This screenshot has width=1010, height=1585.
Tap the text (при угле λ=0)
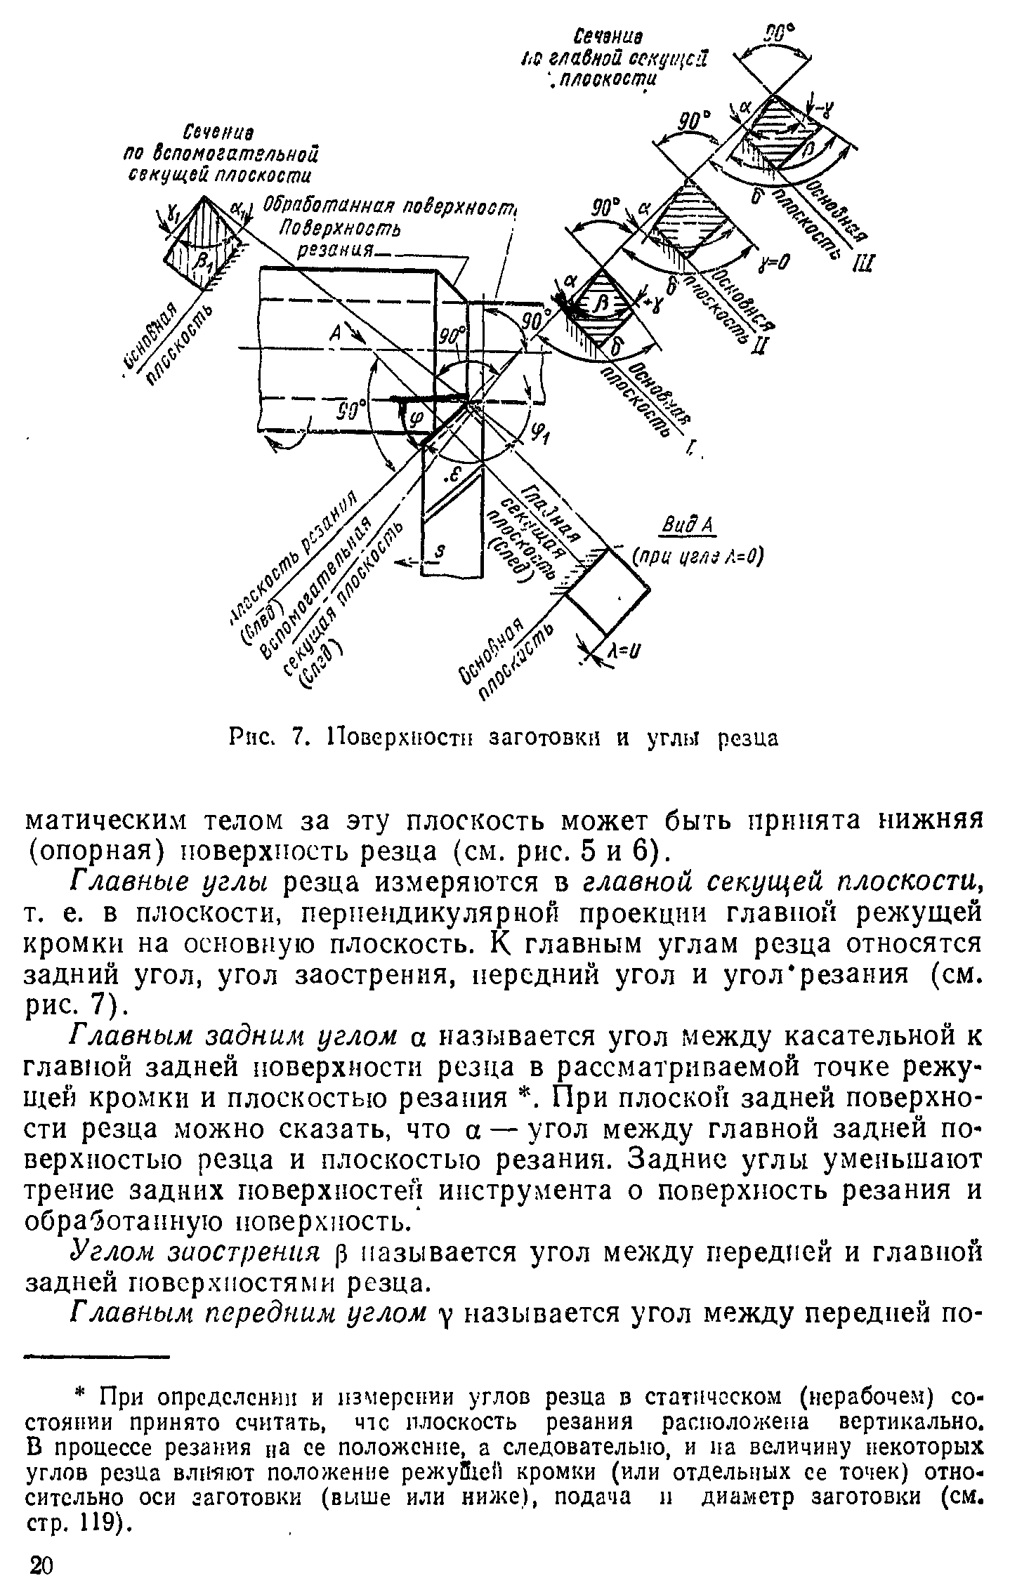click(697, 556)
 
